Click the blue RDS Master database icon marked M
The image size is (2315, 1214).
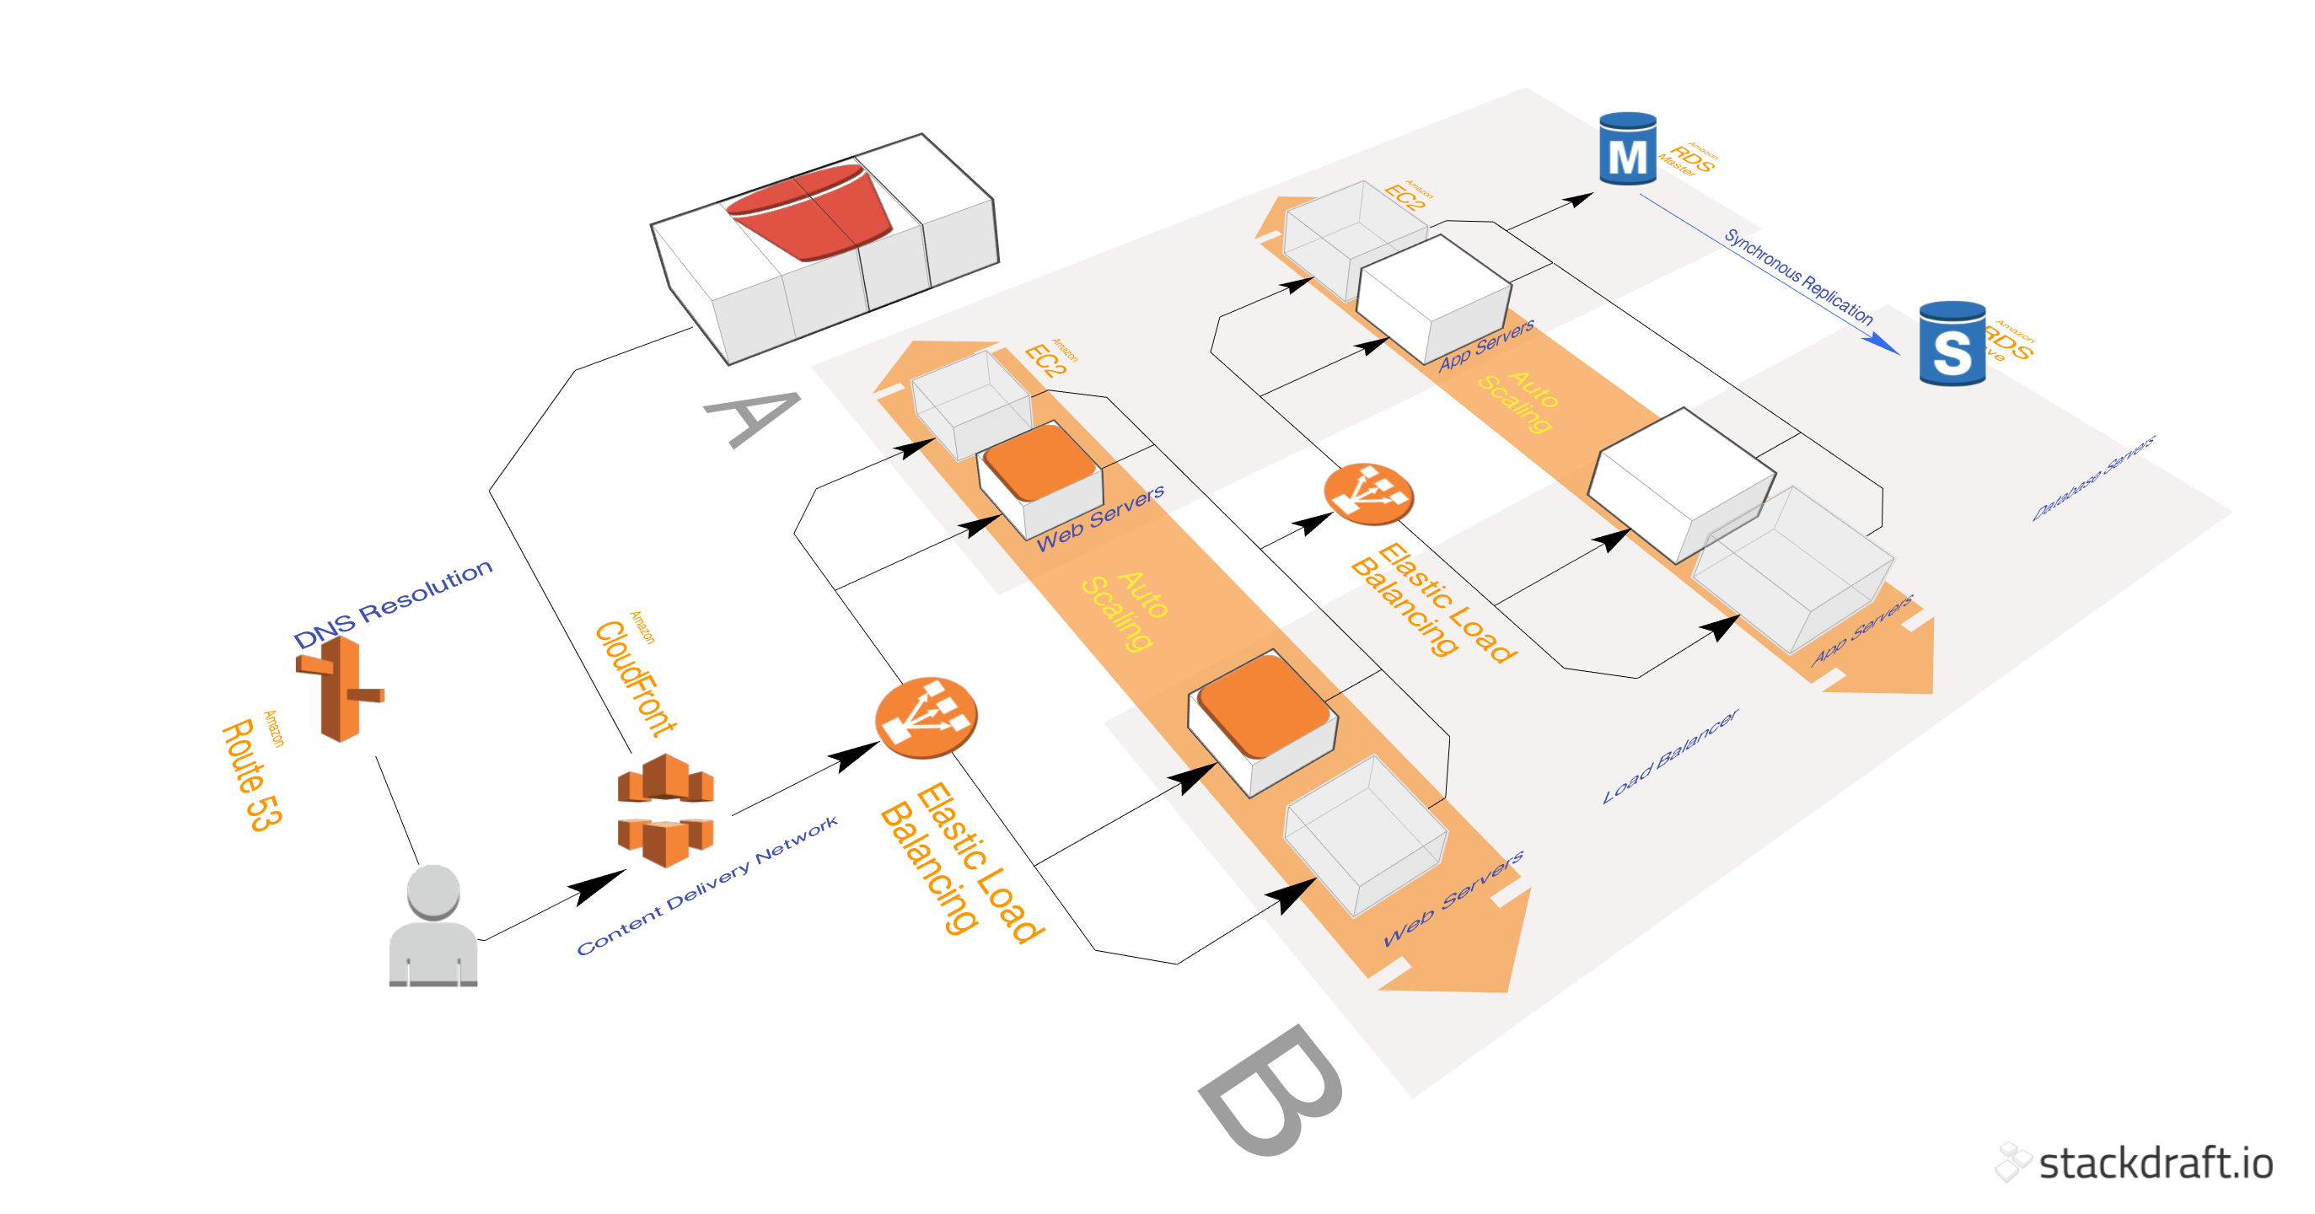(1628, 149)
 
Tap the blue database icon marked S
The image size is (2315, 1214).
(1952, 344)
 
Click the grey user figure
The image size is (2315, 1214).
(433, 927)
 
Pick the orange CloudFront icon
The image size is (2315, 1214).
(665, 810)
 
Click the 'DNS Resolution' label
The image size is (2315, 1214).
(393, 604)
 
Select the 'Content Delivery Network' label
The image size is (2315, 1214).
(707, 885)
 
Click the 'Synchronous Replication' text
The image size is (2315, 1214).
(1797, 277)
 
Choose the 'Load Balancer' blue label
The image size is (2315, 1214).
(1671, 755)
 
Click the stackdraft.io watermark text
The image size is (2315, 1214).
(2155, 1163)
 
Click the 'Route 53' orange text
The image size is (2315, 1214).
(251, 775)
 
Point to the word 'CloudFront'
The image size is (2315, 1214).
(636, 679)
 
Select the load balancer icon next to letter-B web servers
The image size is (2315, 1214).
(926, 717)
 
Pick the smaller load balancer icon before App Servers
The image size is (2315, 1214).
(1367, 493)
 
